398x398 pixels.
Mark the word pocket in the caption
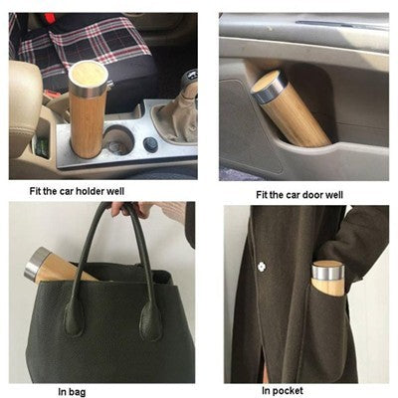[x=293, y=389]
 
